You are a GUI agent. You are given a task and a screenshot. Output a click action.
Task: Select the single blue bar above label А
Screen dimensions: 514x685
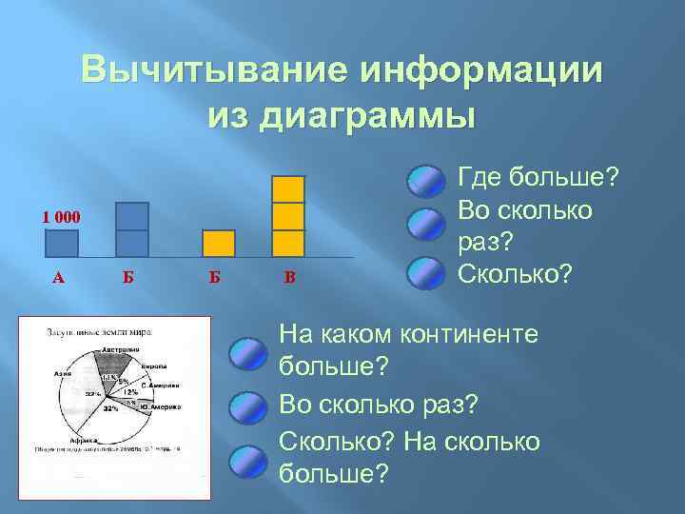62,244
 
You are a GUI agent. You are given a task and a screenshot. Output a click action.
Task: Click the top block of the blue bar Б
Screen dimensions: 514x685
131,216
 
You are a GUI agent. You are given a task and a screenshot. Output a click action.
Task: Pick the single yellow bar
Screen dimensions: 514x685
219,244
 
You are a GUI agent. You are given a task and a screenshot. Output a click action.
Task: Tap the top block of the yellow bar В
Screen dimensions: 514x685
288,189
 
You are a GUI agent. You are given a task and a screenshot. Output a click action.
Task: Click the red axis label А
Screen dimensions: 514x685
58,278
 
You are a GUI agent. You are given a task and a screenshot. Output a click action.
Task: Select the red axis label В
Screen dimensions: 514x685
290,278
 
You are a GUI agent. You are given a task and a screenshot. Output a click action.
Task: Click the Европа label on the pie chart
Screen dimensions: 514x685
155,366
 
